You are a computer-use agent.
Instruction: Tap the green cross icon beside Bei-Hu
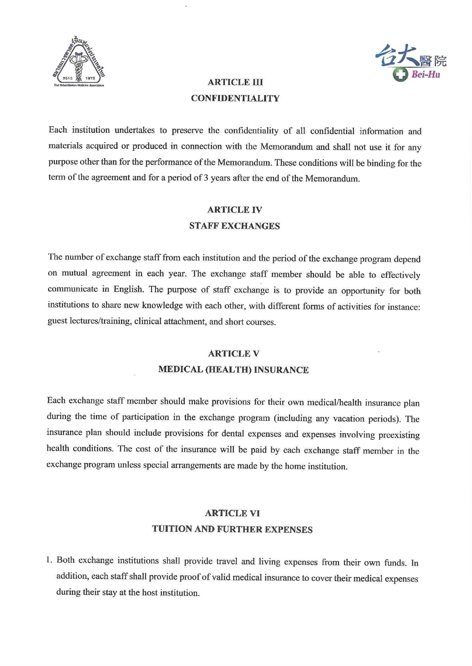[x=400, y=74]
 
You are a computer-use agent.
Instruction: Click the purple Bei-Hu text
[x=426, y=74]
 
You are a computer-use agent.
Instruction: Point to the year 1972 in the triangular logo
[x=90, y=78]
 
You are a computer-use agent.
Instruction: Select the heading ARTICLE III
[x=235, y=82]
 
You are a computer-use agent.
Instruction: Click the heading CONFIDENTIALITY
[x=235, y=98]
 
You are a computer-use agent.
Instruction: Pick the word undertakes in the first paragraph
[x=135, y=131]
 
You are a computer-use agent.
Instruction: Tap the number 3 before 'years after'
[x=206, y=178]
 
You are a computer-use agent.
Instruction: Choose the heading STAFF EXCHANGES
[x=234, y=226]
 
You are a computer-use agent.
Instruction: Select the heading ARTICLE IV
[x=235, y=210]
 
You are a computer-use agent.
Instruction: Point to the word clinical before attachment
[x=148, y=321]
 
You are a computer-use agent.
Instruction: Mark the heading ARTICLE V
[x=234, y=354]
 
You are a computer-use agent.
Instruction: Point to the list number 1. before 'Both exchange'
[x=49, y=560]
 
